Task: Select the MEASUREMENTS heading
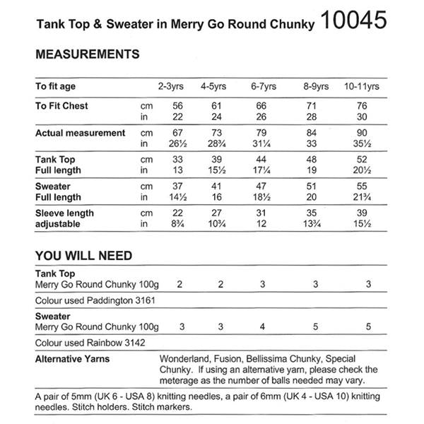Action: click(x=87, y=54)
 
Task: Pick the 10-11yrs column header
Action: click(x=363, y=87)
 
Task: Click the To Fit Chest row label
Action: click(x=61, y=106)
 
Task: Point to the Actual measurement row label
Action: click(x=80, y=133)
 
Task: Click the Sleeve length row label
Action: click(x=64, y=213)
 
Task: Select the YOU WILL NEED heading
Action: click(x=83, y=255)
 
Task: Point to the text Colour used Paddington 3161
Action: click(x=95, y=300)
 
